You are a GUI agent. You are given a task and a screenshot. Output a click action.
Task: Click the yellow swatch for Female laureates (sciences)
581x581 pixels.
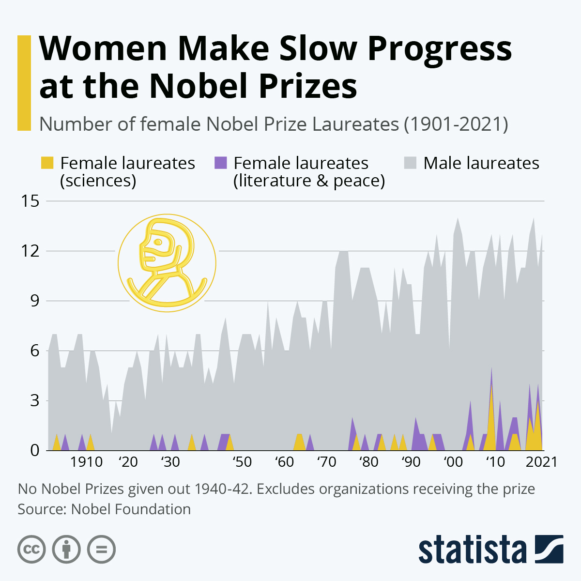coord(47,163)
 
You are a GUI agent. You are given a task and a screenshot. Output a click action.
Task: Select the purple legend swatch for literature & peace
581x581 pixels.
coord(221,163)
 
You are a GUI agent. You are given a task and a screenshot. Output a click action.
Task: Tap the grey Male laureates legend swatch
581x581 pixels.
coord(410,163)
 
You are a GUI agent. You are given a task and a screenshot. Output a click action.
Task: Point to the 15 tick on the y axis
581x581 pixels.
coord(30,201)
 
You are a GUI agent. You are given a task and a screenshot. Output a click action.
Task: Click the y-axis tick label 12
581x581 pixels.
coord(30,251)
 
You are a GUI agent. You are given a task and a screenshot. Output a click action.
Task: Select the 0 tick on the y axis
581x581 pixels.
coord(34,450)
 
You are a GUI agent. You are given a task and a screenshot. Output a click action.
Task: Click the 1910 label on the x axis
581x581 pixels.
coord(86,462)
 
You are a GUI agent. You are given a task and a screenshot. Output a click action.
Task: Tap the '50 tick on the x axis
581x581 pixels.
coord(241,462)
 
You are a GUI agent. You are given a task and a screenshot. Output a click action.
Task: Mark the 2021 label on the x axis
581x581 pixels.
coord(541,462)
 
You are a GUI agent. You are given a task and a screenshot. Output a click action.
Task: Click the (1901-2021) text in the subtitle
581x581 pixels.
coord(456,124)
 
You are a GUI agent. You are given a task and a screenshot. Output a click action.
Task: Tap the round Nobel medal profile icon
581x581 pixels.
coord(167,263)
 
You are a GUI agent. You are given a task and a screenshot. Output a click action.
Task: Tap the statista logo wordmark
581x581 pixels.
coord(472,550)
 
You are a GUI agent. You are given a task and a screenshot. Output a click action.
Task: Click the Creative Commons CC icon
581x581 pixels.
coord(31,550)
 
